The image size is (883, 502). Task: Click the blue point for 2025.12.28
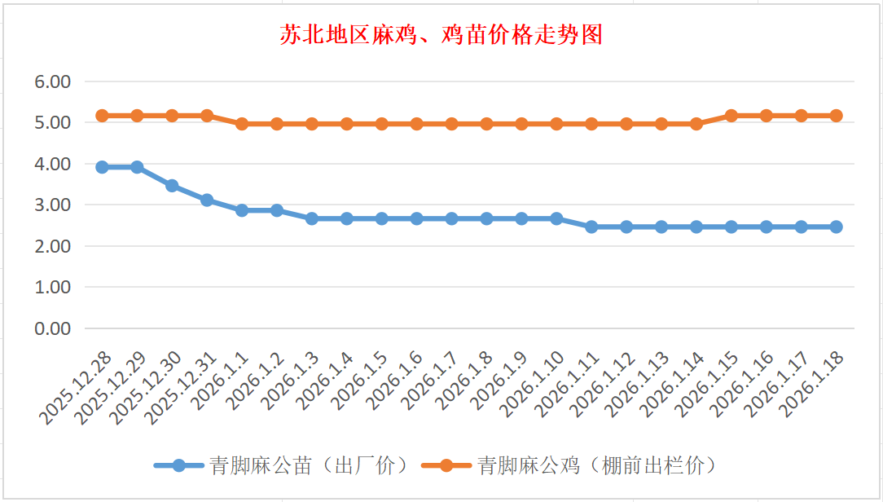[x=103, y=167]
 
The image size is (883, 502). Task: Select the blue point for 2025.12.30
[x=172, y=186]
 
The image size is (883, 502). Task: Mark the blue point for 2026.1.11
[x=591, y=227]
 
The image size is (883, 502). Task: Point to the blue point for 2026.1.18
[x=836, y=227]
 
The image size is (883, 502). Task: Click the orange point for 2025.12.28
[x=103, y=116]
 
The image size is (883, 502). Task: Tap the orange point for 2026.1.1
[x=242, y=124]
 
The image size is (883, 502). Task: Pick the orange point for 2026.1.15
[x=731, y=116]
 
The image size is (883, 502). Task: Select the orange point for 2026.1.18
[x=836, y=116]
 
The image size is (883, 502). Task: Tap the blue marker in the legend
[x=179, y=466]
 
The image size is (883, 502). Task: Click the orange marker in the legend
[x=446, y=466]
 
